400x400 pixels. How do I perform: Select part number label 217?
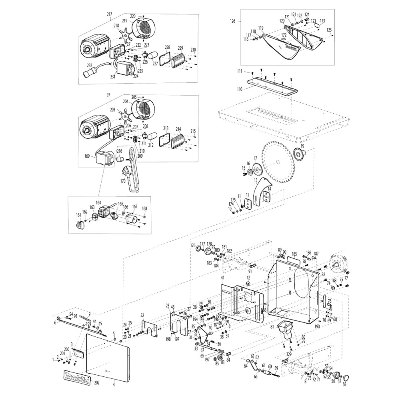click(x=110, y=14)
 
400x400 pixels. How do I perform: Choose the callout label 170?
click(x=123, y=180)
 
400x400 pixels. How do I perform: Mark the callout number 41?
click(x=222, y=277)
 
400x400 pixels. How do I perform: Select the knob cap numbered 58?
click(x=346, y=377)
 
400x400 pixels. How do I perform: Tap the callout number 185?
click(x=294, y=254)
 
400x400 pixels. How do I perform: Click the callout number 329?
click(x=289, y=355)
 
